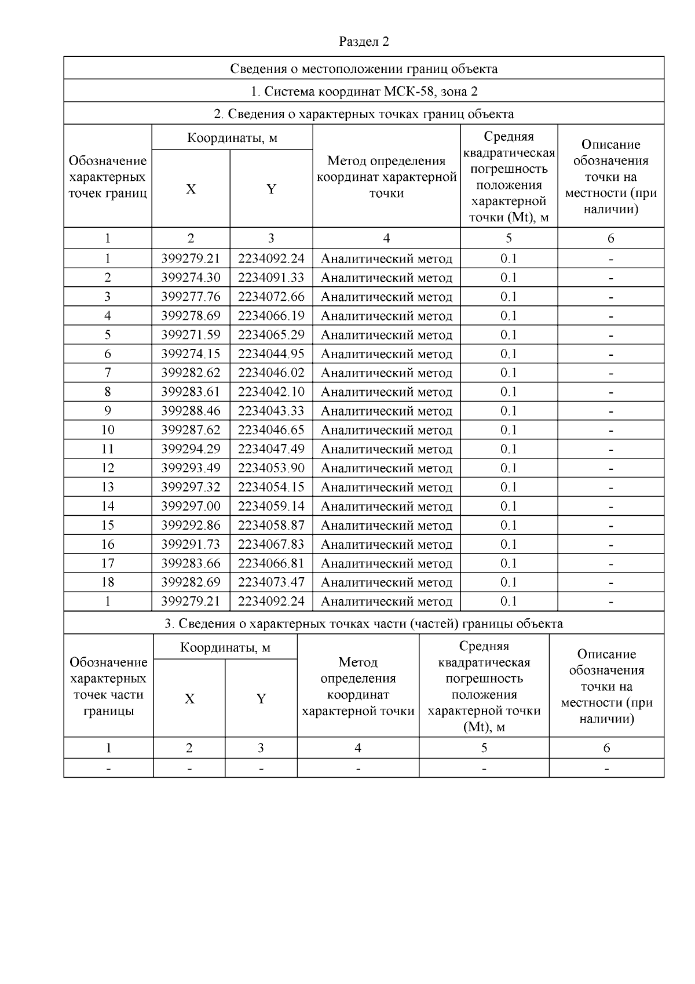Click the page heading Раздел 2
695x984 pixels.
[x=364, y=42]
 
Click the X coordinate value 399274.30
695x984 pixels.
[x=191, y=278]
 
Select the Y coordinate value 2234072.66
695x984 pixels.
[x=270, y=297]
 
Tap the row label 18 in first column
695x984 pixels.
[x=108, y=582]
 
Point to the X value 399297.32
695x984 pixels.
[x=191, y=487]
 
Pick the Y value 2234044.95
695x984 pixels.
[x=270, y=353]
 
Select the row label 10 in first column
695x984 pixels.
[x=108, y=430]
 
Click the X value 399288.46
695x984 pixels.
[x=191, y=411]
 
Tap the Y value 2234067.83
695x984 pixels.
[x=270, y=544]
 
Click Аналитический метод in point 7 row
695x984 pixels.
[x=386, y=373]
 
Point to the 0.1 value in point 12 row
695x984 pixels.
[x=509, y=468]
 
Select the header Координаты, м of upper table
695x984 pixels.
[x=232, y=138]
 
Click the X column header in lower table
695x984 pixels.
[x=189, y=699]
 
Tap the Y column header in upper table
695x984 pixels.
[x=271, y=189]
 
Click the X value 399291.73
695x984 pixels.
[x=191, y=544]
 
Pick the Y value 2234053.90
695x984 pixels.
[x=270, y=468]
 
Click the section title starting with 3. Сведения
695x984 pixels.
[x=364, y=624]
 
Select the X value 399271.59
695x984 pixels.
[x=191, y=335]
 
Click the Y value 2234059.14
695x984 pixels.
[x=270, y=506]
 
